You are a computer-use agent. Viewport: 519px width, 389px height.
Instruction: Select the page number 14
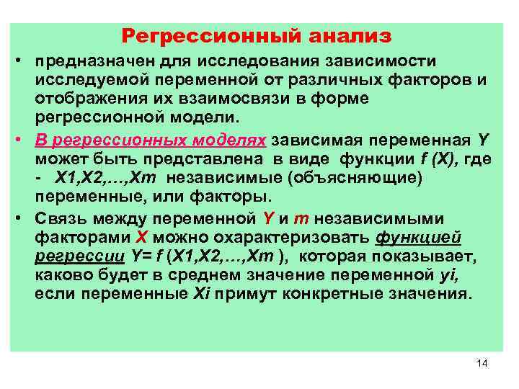click(x=482, y=363)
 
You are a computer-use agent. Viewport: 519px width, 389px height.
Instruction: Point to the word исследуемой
click(x=90, y=79)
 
